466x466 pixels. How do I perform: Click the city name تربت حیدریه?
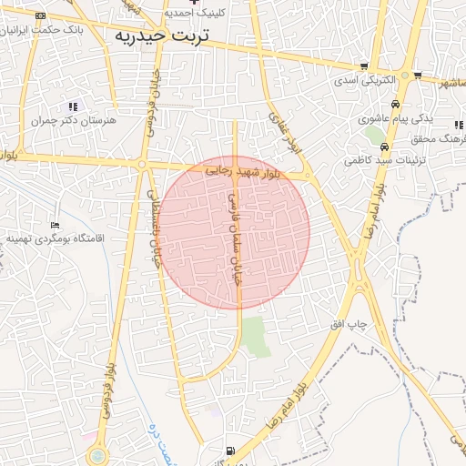(x=162, y=35)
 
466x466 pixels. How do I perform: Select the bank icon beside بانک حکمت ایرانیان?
(x=40, y=16)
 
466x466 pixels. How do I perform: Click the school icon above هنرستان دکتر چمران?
(x=73, y=106)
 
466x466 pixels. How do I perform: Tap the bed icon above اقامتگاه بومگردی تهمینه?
(x=56, y=225)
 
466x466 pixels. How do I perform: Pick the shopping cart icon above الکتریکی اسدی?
(x=365, y=66)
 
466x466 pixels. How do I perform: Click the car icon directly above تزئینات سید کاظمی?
(x=385, y=146)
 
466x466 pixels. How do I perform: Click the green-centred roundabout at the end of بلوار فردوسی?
(x=97, y=455)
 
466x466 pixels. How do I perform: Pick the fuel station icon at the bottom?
(x=228, y=451)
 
